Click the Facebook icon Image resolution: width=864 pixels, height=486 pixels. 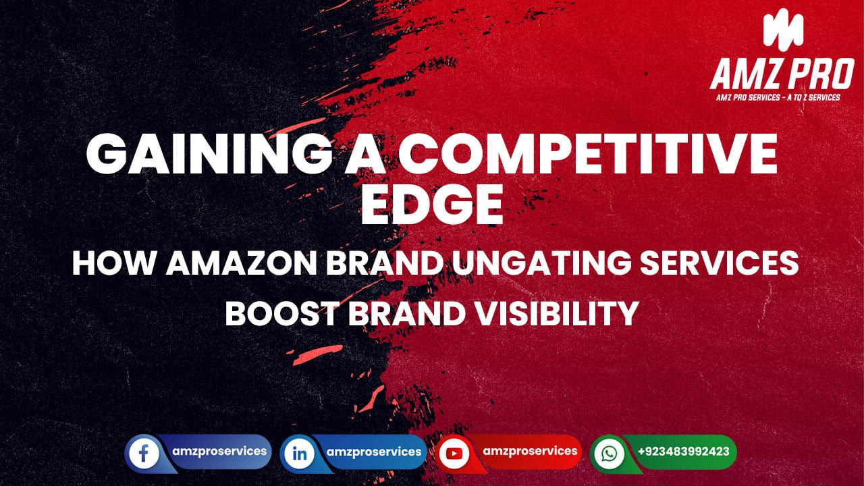click(x=143, y=453)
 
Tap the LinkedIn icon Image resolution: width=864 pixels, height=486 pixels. click(x=298, y=453)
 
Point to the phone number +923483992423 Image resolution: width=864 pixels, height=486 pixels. click(x=683, y=451)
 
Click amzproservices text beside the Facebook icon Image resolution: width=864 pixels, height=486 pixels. click(x=217, y=450)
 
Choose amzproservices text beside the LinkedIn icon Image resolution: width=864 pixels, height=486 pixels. click(x=374, y=452)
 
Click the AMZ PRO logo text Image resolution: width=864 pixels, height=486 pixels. click(x=781, y=74)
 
